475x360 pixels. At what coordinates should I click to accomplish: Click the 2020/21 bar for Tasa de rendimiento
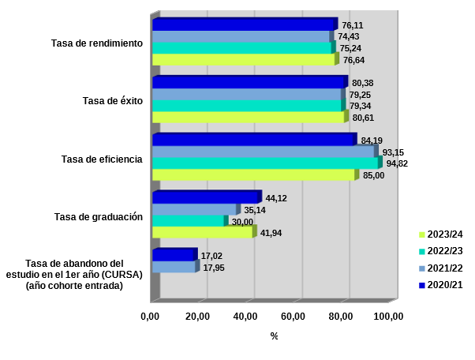(x=243, y=24)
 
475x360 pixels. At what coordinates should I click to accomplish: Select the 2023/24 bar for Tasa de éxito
(x=248, y=117)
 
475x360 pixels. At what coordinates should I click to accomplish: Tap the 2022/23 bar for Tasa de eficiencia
(x=264, y=163)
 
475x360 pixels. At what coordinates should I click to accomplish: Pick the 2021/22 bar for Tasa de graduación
(x=193, y=209)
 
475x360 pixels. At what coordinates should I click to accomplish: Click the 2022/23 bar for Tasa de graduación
(x=188, y=221)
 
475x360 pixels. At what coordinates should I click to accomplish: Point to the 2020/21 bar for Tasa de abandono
(x=172, y=255)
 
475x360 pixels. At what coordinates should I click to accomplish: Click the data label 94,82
(x=397, y=163)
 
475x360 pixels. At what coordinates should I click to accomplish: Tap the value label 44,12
(x=276, y=198)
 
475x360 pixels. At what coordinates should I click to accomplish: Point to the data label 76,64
(x=353, y=60)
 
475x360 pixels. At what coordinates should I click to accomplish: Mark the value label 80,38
(x=363, y=83)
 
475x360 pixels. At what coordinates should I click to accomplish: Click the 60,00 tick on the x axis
(x=293, y=317)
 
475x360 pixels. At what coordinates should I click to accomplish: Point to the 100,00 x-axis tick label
(x=388, y=317)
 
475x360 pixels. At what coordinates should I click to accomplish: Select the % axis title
(x=274, y=336)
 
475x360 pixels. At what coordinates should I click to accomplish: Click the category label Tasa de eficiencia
(x=102, y=159)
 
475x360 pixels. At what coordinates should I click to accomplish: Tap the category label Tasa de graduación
(x=98, y=216)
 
